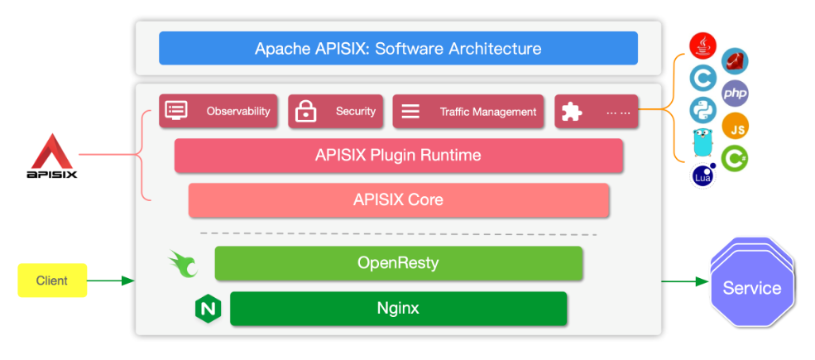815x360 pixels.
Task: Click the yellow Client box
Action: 53,281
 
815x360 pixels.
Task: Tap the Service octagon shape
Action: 751,288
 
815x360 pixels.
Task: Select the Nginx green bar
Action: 398,309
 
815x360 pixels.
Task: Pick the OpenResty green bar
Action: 398,263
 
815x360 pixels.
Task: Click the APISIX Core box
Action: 398,199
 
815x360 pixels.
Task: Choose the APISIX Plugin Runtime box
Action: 398,155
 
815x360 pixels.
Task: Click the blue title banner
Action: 398,48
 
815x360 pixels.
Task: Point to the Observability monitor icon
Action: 176,111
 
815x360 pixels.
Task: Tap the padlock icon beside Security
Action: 306,111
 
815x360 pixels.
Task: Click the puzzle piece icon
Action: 571,112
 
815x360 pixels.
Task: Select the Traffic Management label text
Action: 488,112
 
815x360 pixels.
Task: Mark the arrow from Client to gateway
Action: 110,281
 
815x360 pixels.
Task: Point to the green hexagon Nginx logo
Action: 208,310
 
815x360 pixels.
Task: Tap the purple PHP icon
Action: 735,94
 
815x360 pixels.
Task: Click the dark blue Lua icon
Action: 704,175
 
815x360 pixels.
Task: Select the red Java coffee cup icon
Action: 702,46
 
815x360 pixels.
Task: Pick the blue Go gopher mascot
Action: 702,143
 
